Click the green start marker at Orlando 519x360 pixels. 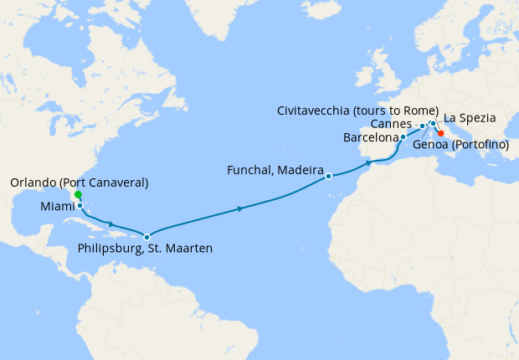[78, 194]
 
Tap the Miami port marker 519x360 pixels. [80, 205]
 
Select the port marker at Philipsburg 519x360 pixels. [146, 237]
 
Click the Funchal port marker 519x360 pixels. [329, 176]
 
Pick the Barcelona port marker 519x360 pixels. [403, 136]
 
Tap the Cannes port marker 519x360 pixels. [422, 126]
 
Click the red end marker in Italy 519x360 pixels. [440, 132]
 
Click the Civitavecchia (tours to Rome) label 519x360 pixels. [357, 111]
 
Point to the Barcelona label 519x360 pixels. [370, 137]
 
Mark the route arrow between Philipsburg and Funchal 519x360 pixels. [241, 208]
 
